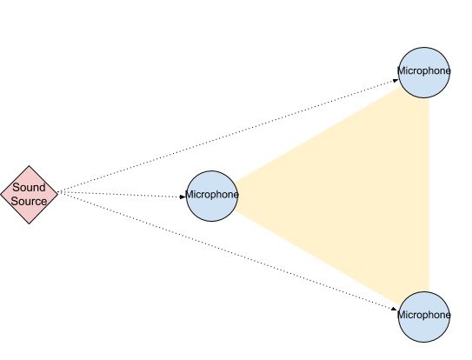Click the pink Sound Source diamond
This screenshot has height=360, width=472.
(x=30, y=195)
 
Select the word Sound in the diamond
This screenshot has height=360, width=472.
(x=29, y=187)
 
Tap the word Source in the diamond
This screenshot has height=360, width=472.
(x=29, y=201)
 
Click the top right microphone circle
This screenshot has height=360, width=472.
(x=424, y=72)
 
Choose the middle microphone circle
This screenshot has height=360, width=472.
(x=212, y=197)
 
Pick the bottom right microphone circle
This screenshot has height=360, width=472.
(x=424, y=317)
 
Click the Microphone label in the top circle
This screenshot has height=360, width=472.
(x=424, y=71)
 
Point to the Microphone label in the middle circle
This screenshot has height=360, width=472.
(x=212, y=195)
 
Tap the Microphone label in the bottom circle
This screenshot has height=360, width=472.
(x=424, y=315)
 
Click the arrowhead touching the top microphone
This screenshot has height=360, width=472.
(x=396, y=81)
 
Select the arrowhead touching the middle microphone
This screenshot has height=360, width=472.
(x=183, y=197)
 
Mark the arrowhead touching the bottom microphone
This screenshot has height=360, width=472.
(x=394, y=309)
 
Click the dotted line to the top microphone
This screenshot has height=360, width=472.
(x=228, y=136)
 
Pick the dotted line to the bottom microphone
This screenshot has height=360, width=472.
(x=228, y=250)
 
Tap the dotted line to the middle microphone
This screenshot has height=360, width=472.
(x=122, y=194)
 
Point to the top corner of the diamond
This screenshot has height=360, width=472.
(x=30, y=166)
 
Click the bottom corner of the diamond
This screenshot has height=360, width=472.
(x=30, y=223)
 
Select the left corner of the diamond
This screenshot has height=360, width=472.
(x=1, y=195)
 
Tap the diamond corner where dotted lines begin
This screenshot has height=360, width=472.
(x=57, y=195)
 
